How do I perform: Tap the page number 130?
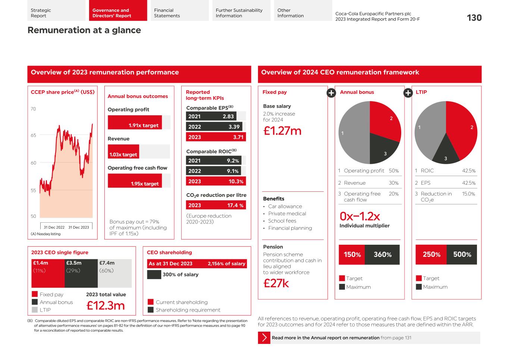pos(474,18)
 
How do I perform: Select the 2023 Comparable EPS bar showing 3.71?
pos(216,137)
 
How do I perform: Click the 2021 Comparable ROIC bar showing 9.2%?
pos(213,160)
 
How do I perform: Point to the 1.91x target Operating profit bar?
pos(135,122)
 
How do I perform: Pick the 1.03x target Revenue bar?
pos(123,151)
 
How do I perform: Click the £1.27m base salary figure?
pos(282,131)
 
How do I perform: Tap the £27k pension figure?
pos(276,284)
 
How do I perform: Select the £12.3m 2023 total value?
pos(106,306)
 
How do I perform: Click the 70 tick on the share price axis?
pos(33,109)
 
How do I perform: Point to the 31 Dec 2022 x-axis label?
pos(54,227)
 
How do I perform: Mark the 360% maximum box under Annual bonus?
pos(382,255)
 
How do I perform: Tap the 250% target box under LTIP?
pos(431,255)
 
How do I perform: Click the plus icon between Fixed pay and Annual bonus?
pos(331,93)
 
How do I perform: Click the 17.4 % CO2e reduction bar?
pos(216,205)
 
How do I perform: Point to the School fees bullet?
pos(282,221)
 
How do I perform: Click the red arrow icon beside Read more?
pos(264,338)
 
